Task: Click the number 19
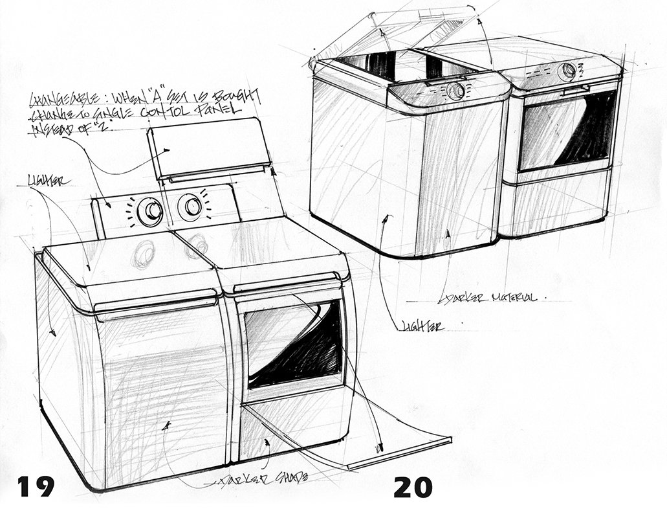36,486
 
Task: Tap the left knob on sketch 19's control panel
152,209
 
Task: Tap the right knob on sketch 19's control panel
192,206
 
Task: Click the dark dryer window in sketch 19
294,343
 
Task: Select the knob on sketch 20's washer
455,91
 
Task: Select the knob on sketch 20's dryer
567,70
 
